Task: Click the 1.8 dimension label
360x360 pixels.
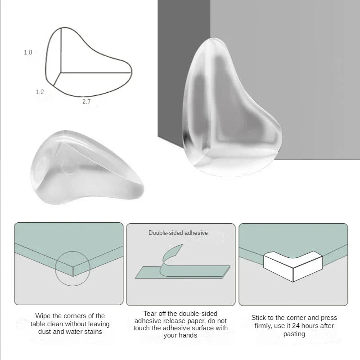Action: point(28,53)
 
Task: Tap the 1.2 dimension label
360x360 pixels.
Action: point(40,92)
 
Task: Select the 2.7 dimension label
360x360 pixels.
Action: point(86,102)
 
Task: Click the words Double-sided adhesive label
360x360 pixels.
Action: point(178,233)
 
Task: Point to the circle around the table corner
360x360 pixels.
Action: point(72,269)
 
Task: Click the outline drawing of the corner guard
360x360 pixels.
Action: point(90,63)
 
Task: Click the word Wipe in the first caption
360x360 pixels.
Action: point(44,316)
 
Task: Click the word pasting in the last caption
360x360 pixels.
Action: point(294,334)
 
